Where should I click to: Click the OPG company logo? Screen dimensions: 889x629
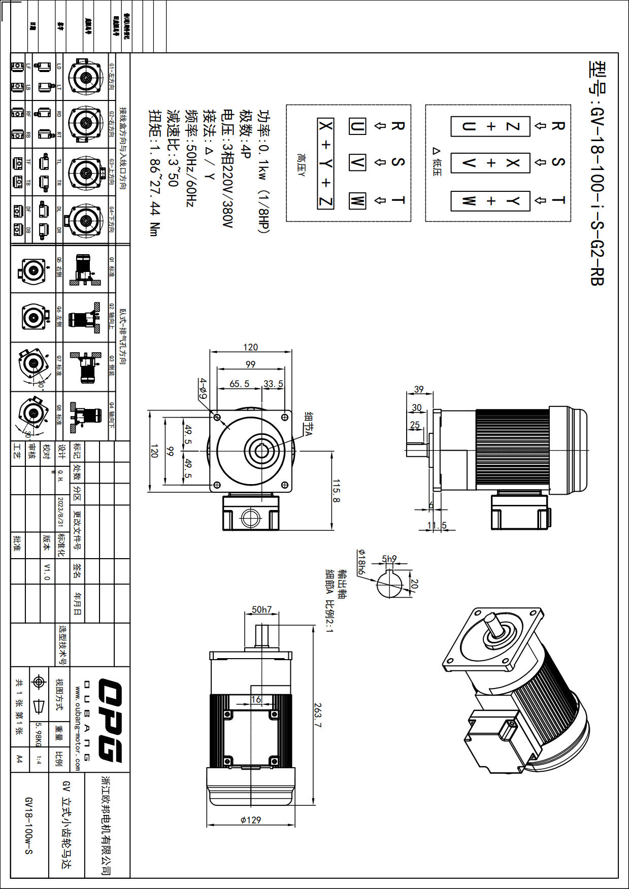click(x=110, y=720)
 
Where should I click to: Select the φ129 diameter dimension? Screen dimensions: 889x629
click(x=251, y=819)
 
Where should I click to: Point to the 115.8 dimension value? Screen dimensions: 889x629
click(x=336, y=491)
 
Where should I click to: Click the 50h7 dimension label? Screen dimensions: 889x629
click(x=261, y=609)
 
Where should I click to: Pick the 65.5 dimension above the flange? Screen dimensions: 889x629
click(x=239, y=384)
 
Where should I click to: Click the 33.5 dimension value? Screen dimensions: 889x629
click(x=273, y=384)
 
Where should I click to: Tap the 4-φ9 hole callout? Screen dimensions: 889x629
click(x=203, y=388)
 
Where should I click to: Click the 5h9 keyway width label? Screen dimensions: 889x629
click(x=389, y=559)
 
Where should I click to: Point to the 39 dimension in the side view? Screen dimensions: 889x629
click(x=419, y=389)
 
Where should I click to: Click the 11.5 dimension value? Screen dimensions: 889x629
click(x=437, y=525)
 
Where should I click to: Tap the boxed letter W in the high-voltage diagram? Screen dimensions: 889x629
click(x=357, y=200)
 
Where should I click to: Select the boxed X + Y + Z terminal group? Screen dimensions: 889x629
click(x=325, y=163)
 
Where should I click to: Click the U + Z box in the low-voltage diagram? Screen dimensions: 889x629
click(x=490, y=126)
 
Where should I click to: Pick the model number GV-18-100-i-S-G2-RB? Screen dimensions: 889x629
click(x=597, y=173)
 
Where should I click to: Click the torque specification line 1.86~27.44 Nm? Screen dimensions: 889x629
click(x=154, y=173)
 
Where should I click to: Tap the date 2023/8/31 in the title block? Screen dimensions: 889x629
click(x=60, y=512)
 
